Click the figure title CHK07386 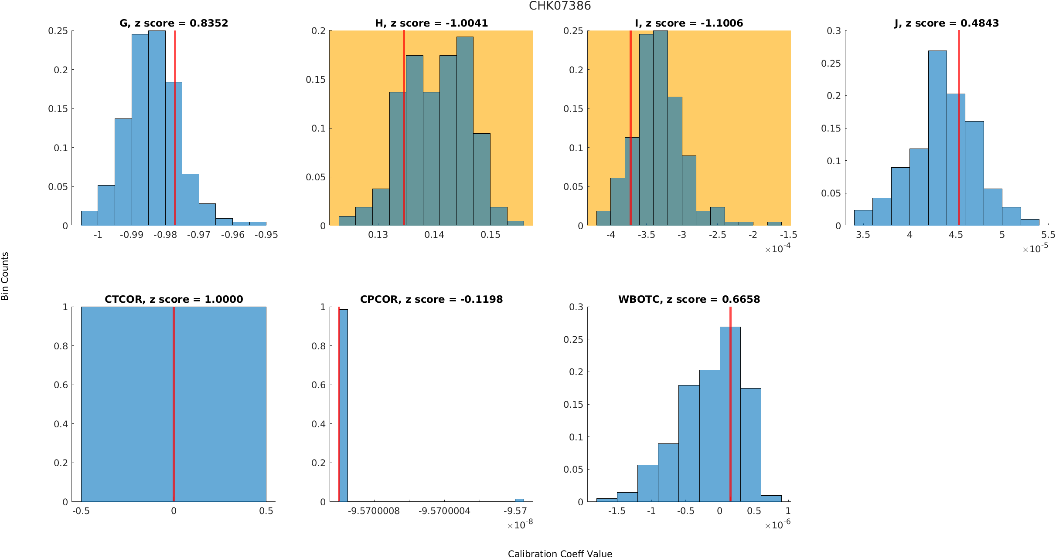coord(560,6)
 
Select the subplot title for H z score coord(431,23)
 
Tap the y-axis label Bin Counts coord(5,276)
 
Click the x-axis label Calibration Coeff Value coord(560,554)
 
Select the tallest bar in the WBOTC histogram coord(730,414)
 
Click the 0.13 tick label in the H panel coord(378,235)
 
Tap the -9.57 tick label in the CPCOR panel coord(515,511)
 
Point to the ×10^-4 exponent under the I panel coord(777,249)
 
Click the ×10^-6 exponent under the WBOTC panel coord(777,525)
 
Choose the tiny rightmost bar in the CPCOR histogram coord(519,500)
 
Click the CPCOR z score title coord(431,299)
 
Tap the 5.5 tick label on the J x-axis coord(1048,235)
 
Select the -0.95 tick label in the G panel coord(266,235)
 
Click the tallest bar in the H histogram coord(465,131)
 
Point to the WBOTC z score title coord(689,299)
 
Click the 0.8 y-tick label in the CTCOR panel coord(61,346)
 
